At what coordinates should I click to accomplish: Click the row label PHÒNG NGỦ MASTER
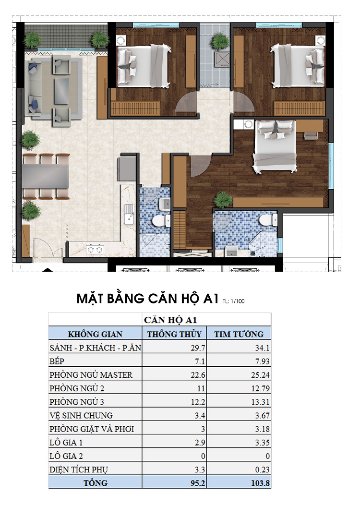[x=91, y=374]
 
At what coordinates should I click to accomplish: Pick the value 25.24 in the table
[x=260, y=374]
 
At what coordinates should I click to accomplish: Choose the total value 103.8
[x=260, y=482]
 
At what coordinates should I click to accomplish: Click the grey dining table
[x=46, y=176]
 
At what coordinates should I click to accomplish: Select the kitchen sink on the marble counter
[x=128, y=219]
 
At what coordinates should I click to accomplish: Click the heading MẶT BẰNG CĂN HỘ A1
[x=148, y=299]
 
